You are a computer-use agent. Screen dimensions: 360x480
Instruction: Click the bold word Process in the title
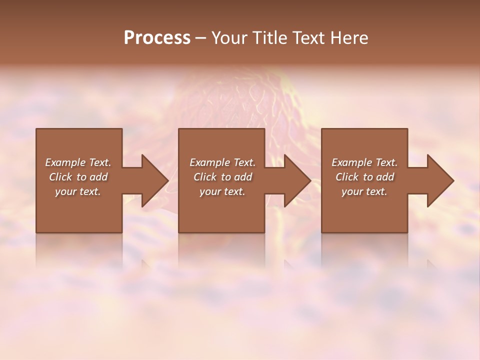click(157, 38)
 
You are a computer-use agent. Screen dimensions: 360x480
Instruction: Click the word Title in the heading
click(269, 38)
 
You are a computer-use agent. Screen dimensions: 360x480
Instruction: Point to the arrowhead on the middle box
click(297, 180)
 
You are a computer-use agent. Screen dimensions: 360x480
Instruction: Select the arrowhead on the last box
click(440, 180)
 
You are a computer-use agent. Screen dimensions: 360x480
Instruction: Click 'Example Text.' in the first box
click(78, 162)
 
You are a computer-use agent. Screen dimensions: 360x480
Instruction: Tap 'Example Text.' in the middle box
click(222, 162)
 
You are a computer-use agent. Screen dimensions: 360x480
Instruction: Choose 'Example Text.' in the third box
click(364, 162)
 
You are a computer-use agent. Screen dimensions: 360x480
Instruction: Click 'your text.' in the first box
click(78, 191)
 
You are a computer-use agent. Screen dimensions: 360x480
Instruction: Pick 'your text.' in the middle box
click(222, 191)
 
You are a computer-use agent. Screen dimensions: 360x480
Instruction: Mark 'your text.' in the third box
click(364, 191)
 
